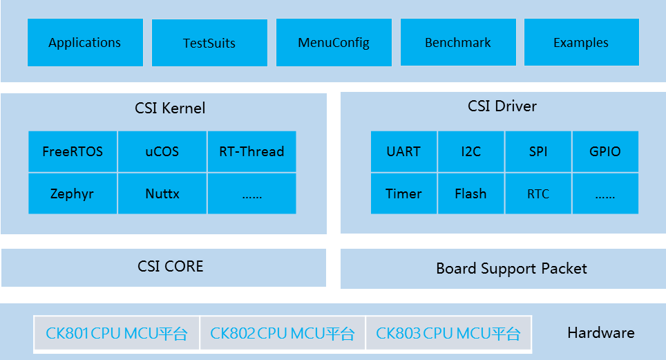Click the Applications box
[85, 43]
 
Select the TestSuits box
[209, 43]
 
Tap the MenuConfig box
[334, 43]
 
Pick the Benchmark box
[458, 43]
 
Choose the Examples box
[581, 43]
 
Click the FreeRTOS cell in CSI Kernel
[73, 151]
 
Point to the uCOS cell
[162, 151]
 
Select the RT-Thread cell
[251, 151]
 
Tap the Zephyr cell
[73, 193]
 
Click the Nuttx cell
[162, 193]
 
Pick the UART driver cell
[403, 151]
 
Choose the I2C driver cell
[470, 151]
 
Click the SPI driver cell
[538, 151]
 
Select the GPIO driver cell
[605, 151]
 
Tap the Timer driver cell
[403, 193]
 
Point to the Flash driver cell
[470, 193]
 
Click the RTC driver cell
[538, 193]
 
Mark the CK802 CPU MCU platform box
[283, 334]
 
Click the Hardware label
[600, 333]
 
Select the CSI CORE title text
[171, 267]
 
